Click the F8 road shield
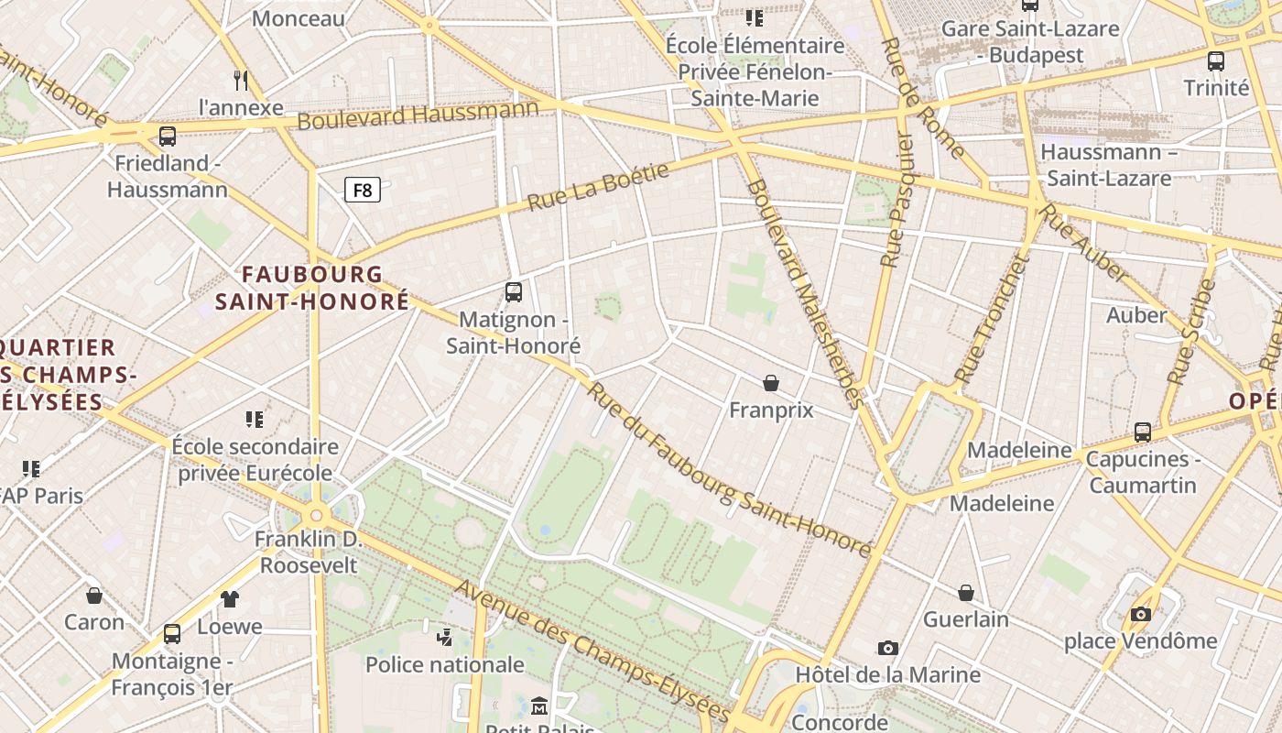pyautogui.click(x=363, y=191)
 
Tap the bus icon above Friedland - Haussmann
pyautogui.click(x=167, y=137)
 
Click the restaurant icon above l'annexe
pyautogui.click(x=241, y=81)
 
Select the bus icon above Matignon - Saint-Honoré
pyautogui.click(x=514, y=292)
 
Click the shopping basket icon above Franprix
pyautogui.click(x=771, y=382)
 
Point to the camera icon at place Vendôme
pyautogui.click(x=1140, y=614)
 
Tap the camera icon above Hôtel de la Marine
pyautogui.click(x=887, y=649)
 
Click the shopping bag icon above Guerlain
pyautogui.click(x=966, y=593)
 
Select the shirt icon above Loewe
pyautogui.click(x=230, y=599)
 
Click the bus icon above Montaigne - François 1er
pyautogui.click(x=172, y=634)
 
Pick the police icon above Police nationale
pyautogui.click(x=445, y=637)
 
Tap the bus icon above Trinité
pyautogui.click(x=1216, y=61)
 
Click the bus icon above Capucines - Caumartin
pyautogui.click(x=1142, y=432)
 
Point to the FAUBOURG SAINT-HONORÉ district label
pyautogui.click(x=311, y=287)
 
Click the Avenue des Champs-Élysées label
pyautogui.click(x=592, y=651)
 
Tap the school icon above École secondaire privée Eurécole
pyautogui.click(x=255, y=420)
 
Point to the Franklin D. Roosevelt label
pyautogui.click(x=309, y=552)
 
